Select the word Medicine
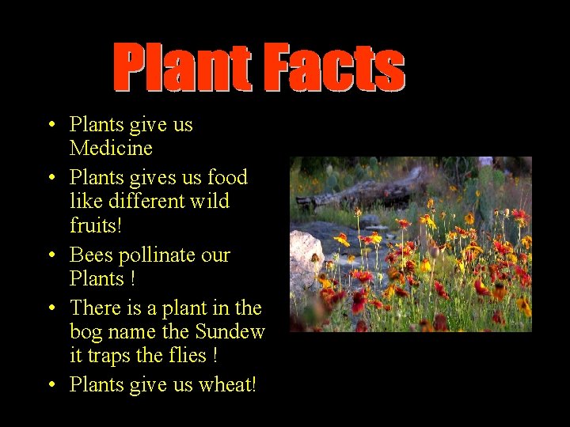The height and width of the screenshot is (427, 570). click(111, 148)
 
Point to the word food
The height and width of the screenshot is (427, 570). click(227, 177)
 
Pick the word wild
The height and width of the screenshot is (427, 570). click(211, 201)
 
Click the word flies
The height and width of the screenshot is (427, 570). click(186, 355)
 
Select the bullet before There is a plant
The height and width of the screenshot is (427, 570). click(50, 308)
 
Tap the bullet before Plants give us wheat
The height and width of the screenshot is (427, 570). click(50, 386)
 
